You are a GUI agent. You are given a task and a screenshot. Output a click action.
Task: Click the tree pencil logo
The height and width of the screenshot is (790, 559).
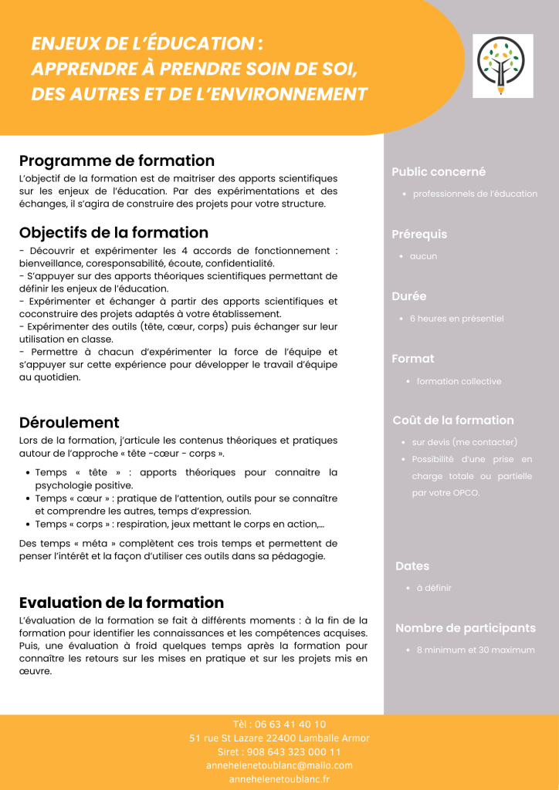tap(503, 66)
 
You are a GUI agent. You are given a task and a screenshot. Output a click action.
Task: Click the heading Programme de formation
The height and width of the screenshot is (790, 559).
tap(117, 161)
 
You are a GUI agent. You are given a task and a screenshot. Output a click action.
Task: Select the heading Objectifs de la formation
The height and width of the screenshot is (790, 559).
tap(113, 233)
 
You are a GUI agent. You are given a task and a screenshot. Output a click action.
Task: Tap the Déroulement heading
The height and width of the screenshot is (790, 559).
tap(69, 423)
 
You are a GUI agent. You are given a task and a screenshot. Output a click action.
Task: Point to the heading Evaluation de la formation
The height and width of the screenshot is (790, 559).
tap(121, 603)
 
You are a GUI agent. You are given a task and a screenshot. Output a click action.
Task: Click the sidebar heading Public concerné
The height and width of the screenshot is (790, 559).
tap(439, 172)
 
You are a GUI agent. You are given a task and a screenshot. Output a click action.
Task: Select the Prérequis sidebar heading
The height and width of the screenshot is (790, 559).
tap(419, 235)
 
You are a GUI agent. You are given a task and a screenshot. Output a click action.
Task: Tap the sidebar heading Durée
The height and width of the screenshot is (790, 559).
tap(409, 296)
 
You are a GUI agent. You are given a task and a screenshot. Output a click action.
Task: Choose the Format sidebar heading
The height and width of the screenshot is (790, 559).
tap(413, 359)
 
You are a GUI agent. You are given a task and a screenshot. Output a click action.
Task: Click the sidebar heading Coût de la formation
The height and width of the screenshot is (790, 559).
tap(453, 420)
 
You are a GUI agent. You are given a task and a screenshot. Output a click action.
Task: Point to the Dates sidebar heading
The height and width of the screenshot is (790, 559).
tap(412, 566)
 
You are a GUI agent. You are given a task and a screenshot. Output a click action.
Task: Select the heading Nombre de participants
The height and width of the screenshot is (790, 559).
tap(466, 628)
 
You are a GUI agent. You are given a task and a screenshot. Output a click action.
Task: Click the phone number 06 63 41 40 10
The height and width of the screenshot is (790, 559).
tap(290, 724)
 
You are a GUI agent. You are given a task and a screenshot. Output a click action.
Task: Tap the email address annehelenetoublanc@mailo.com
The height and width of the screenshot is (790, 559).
tap(279, 765)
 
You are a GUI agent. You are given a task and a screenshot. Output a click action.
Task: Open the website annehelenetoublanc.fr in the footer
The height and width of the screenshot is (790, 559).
tap(279, 779)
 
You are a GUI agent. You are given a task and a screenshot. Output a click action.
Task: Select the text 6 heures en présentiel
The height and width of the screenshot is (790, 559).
tap(456, 319)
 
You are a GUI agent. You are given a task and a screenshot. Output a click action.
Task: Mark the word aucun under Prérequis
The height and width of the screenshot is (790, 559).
tap(423, 256)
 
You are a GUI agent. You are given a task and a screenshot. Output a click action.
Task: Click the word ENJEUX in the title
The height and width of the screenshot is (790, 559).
tap(65, 44)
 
